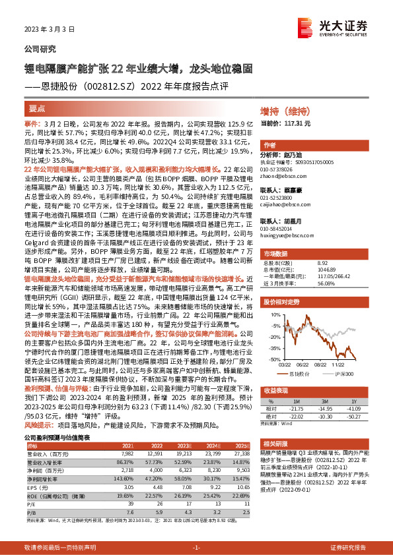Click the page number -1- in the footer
point(196,548)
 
